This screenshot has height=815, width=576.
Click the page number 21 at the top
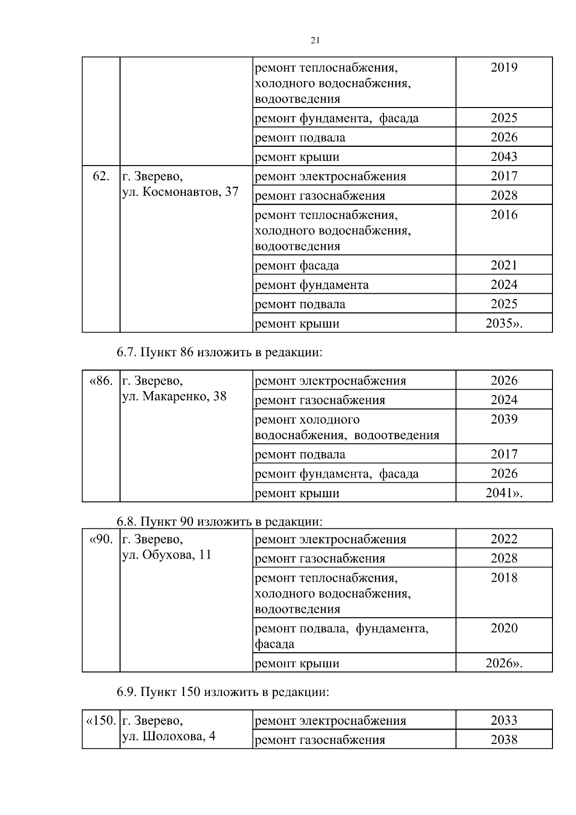tap(315, 41)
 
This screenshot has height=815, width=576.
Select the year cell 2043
tap(504, 156)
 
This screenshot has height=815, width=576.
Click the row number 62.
tap(101, 176)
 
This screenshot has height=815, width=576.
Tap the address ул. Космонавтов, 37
tap(180, 192)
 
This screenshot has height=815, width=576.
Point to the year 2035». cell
tap(504, 323)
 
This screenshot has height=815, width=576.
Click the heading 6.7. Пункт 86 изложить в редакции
tap(219, 352)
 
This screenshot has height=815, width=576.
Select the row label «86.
tap(101, 381)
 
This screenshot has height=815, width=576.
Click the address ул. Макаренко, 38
tap(174, 396)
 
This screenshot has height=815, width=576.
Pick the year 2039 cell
tap(504, 419)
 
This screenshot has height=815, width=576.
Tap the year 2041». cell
tap(504, 493)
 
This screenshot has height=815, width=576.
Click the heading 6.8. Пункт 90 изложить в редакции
tap(219, 522)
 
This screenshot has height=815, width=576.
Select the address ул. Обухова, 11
tap(167, 555)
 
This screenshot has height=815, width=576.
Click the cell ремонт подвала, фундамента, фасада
tap(341, 635)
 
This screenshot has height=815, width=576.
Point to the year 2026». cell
tap(504, 663)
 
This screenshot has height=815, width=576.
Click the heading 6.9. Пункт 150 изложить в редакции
tap(223, 692)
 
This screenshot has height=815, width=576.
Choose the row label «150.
tap(100, 721)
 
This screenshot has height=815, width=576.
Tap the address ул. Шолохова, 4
tap(168, 736)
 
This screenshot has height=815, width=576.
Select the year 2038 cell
tap(504, 740)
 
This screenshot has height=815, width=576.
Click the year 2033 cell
tap(504, 720)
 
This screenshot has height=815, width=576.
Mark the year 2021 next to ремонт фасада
tap(504, 265)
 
